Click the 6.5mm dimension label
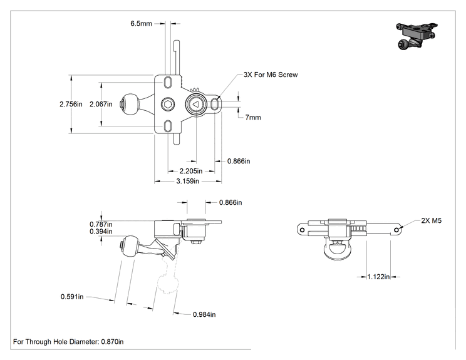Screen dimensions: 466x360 tap(141, 23)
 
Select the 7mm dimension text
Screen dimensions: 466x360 tap(253, 117)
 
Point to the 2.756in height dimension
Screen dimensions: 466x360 tap(71, 105)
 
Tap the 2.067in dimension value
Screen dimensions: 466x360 tap(101, 105)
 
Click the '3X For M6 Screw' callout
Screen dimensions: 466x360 tap(271, 75)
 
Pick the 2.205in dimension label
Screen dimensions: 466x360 tap(191, 171)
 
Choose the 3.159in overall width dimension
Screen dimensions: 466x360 tap(187, 181)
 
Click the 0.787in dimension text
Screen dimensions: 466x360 tap(101, 224)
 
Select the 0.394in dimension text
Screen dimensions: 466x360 tap(101, 232)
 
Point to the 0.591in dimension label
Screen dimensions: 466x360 tap(72, 297)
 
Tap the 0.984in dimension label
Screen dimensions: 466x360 tap(204, 314)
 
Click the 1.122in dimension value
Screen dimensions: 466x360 tap(378, 277)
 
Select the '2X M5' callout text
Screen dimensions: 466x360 tap(431, 220)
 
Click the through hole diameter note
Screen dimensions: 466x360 tap(68, 342)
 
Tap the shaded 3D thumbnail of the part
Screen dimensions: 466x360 tap(417, 36)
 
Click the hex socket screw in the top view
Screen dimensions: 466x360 tap(168, 105)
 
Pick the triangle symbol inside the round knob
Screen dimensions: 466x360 tap(195, 105)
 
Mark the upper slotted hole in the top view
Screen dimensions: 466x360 tap(168, 82)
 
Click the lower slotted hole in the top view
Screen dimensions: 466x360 tap(168, 126)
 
